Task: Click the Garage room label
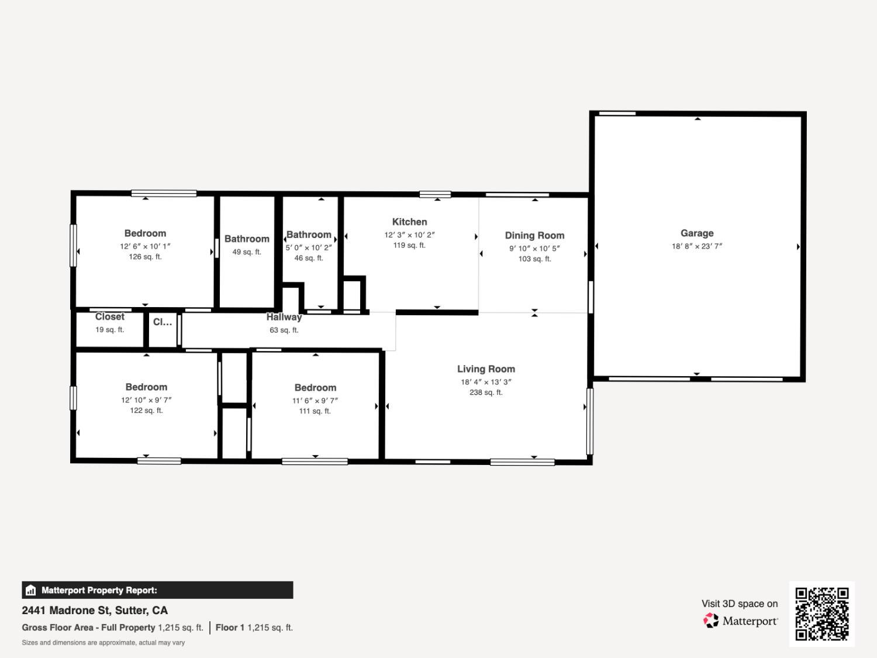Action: click(696, 233)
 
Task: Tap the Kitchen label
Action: click(409, 222)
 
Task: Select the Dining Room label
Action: click(534, 235)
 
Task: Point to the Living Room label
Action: click(486, 369)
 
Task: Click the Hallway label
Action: click(284, 317)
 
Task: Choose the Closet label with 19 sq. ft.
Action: click(109, 317)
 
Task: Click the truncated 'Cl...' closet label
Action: click(162, 322)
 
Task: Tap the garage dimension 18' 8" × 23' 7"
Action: click(696, 246)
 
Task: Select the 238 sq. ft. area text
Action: click(486, 392)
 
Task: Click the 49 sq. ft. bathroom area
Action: click(247, 252)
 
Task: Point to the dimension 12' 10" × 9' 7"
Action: click(146, 400)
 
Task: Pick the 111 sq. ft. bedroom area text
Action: click(315, 411)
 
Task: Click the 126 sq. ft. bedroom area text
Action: click(145, 257)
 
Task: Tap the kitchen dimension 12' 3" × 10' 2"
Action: click(409, 235)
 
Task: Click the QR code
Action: click(821, 614)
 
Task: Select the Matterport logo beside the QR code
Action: click(740, 621)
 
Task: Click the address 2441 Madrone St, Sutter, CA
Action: click(95, 610)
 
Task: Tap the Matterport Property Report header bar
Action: click(157, 590)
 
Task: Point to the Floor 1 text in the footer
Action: click(230, 628)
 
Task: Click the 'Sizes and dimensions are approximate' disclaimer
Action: click(103, 643)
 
